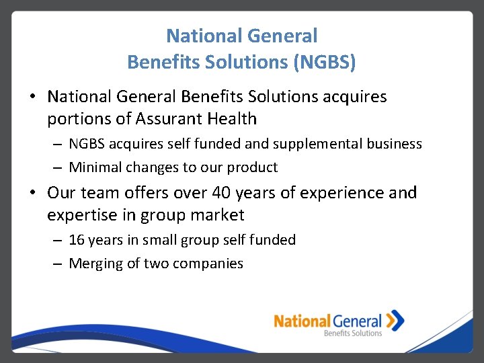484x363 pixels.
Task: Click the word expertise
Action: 82,216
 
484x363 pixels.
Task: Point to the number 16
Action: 77,240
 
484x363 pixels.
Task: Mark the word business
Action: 395,144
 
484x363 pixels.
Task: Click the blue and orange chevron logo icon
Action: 396,320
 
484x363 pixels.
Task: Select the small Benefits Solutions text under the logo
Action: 352,333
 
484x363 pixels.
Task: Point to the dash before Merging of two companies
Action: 57,264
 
